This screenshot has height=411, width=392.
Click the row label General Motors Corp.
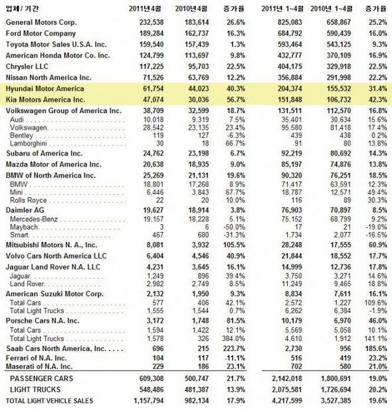click(x=41, y=23)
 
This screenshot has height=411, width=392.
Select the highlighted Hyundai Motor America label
click(x=45, y=88)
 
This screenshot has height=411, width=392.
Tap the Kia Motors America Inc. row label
click(x=45, y=100)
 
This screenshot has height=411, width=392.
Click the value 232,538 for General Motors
click(x=151, y=23)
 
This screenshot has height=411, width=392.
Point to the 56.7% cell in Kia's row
click(x=236, y=100)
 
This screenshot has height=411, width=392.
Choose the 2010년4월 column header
click(x=191, y=9)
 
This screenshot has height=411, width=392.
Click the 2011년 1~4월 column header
click(x=282, y=9)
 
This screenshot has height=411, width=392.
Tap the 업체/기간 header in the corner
click(x=22, y=9)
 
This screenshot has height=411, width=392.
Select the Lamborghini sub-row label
click(x=29, y=144)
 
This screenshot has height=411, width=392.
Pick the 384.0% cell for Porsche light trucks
click(x=234, y=339)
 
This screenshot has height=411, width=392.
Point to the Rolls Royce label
click(x=29, y=200)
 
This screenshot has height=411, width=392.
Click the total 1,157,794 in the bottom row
click(x=148, y=401)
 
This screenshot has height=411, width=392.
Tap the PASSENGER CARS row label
click(x=41, y=378)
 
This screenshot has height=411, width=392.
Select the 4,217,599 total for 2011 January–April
click(x=287, y=401)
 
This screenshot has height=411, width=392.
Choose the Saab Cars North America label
click(x=56, y=348)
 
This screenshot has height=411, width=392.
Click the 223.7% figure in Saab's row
click(x=235, y=348)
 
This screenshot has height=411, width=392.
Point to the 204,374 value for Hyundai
click(x=290, y=88)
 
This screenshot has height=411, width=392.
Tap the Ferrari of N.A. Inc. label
click(x=36, y=358)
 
